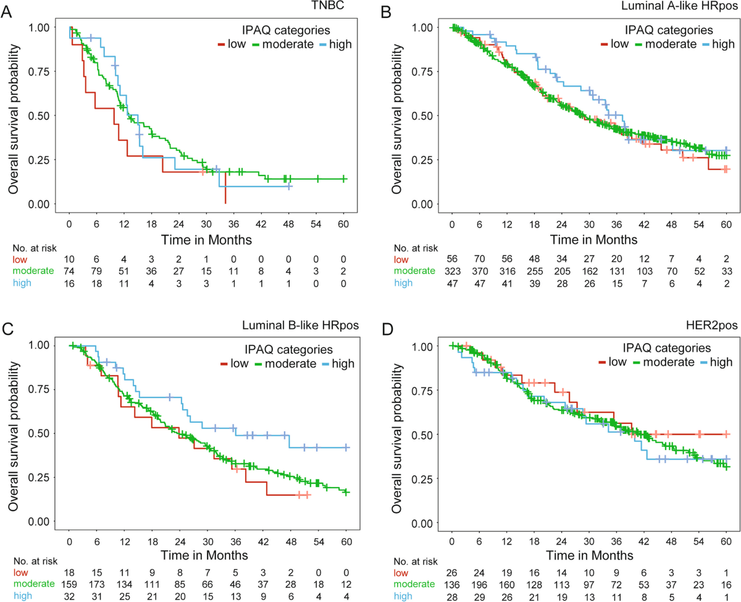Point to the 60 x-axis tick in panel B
tap(726, 224)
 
